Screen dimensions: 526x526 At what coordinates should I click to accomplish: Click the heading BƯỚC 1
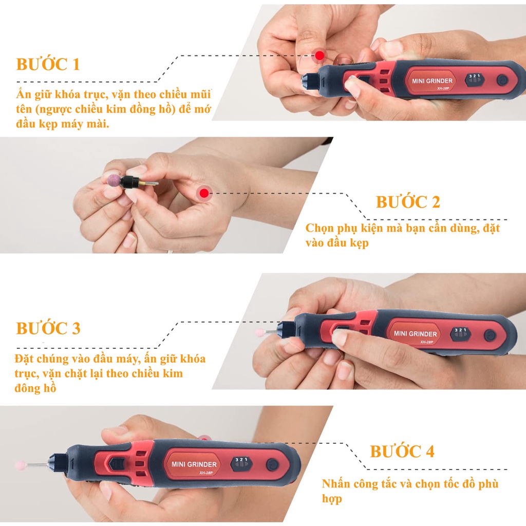point(48,64)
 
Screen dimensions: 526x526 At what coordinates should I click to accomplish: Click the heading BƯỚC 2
point(407,201)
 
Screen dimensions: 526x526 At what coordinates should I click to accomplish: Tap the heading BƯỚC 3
point(48,328)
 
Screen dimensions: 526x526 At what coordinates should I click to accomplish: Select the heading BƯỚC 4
point(402,451)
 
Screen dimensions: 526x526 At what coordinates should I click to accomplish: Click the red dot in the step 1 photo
point(320,55)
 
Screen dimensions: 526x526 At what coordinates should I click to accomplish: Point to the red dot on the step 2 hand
point(204,193)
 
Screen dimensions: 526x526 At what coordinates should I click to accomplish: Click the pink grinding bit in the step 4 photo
point(21,465)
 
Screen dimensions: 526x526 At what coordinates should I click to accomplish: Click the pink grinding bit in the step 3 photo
point(259,332)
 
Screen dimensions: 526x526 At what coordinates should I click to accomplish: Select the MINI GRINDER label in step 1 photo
point(432,81)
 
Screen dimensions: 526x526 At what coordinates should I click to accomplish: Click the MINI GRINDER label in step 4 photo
point(194,464)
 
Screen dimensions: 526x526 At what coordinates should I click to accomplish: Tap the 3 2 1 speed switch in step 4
point(241,463)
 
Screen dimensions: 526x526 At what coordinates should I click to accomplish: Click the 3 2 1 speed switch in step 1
point(474,79)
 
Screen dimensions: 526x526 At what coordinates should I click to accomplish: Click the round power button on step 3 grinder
point(490,335)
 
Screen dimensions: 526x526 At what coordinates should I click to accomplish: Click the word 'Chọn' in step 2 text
point(320,228)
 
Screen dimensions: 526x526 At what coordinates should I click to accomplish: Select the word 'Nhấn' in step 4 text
point(336,483)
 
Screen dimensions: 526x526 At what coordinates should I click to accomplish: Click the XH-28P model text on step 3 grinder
point(427,342)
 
